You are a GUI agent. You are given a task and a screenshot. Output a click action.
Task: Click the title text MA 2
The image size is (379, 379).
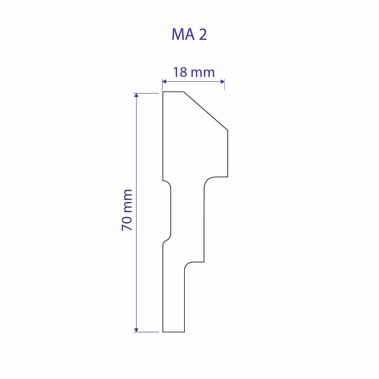tap(189, 35)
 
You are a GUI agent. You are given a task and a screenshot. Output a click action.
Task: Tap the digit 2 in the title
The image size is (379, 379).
tap(203, 35)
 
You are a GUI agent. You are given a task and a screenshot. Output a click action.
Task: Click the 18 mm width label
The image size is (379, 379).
tap(194, 72)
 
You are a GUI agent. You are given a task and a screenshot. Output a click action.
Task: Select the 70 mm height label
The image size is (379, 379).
tap(127, 210)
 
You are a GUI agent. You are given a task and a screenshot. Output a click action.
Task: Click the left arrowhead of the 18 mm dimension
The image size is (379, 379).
tap(164, 81)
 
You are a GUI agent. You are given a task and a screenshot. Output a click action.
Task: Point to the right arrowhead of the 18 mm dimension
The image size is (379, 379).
tap(223, 81)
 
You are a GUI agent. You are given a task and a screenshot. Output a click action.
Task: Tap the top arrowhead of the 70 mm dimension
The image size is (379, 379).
tap(136, 95)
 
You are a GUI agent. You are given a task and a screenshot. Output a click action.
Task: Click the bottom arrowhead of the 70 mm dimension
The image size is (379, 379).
tap(136, 330)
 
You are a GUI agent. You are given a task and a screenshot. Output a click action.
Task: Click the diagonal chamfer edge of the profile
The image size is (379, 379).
tap(206, 111)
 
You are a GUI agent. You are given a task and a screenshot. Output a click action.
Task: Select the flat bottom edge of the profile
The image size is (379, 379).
tap(173, 332)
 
